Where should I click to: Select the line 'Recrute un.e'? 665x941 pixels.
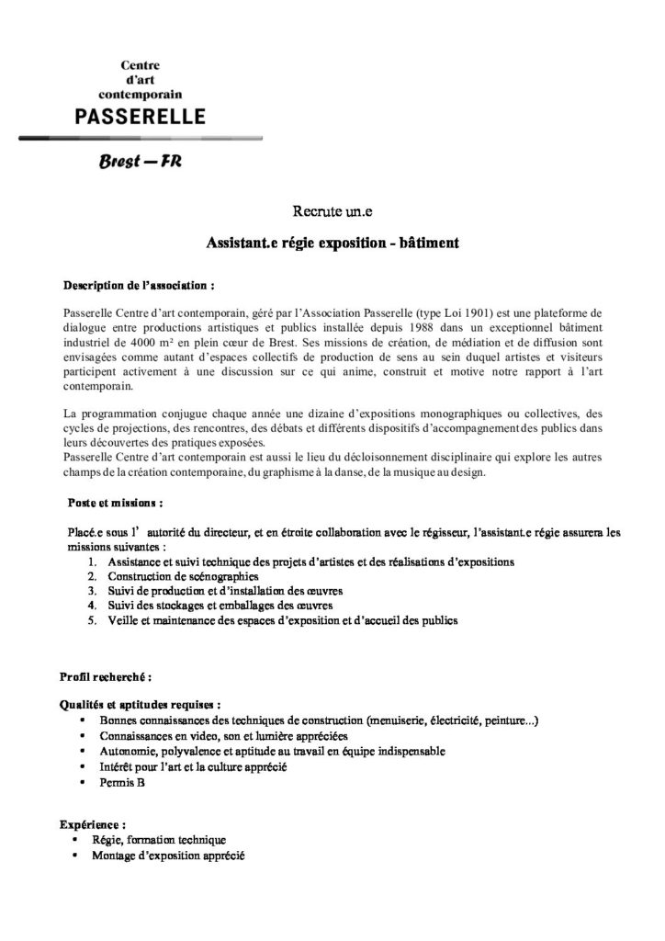pyautogui.click(x=332, y=213)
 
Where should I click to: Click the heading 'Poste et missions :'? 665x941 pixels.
pyautogui.click(x=116, y=503)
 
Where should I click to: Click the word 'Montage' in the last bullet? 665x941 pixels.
pyautogui.click(x=111, y=856)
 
